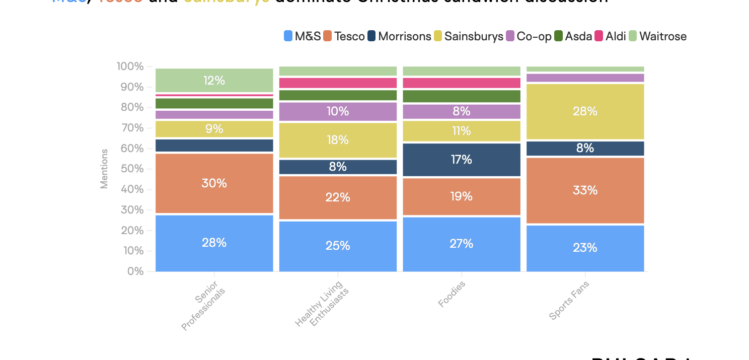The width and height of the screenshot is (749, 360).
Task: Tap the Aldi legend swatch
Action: [598, 36]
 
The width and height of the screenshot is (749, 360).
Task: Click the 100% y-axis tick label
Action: [130, 66]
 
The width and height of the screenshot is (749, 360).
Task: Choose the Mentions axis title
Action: [104, 169]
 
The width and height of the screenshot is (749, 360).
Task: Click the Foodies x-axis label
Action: [452, 294]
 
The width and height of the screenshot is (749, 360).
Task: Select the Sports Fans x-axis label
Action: [569, 301]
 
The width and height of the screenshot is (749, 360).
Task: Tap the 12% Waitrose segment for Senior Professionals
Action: [214, 81]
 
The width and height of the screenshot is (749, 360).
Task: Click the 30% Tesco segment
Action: [214, 183]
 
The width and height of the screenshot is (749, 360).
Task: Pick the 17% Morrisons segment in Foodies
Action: [462, 160]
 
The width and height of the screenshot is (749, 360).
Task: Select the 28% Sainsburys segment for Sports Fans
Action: [585, 111]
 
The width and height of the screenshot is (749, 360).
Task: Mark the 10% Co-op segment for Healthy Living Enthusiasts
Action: [338, 111]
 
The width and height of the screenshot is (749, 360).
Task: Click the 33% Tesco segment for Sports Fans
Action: [585, 190]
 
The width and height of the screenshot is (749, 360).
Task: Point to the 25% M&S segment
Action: [338, 246]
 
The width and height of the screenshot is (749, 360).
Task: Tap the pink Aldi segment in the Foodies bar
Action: [462, 83]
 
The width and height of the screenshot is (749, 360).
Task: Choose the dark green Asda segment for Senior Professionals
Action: [214, 103]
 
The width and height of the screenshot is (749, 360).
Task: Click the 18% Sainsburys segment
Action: [338, 140]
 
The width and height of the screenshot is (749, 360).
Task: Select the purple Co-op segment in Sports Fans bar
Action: [585, 78]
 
